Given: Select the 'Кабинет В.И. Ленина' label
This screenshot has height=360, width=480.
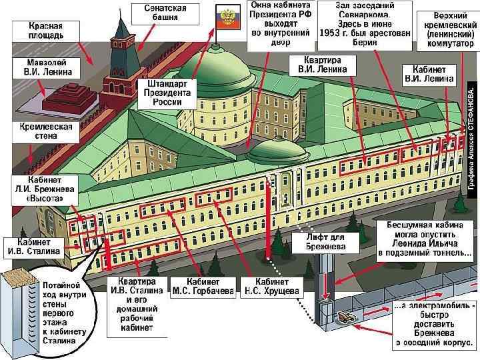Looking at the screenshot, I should (x=429, y=73).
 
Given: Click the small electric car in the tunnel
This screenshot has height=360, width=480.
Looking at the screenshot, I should (x=347, y=318).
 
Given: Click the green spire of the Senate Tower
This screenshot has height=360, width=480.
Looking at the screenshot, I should (x=123, y=27).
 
